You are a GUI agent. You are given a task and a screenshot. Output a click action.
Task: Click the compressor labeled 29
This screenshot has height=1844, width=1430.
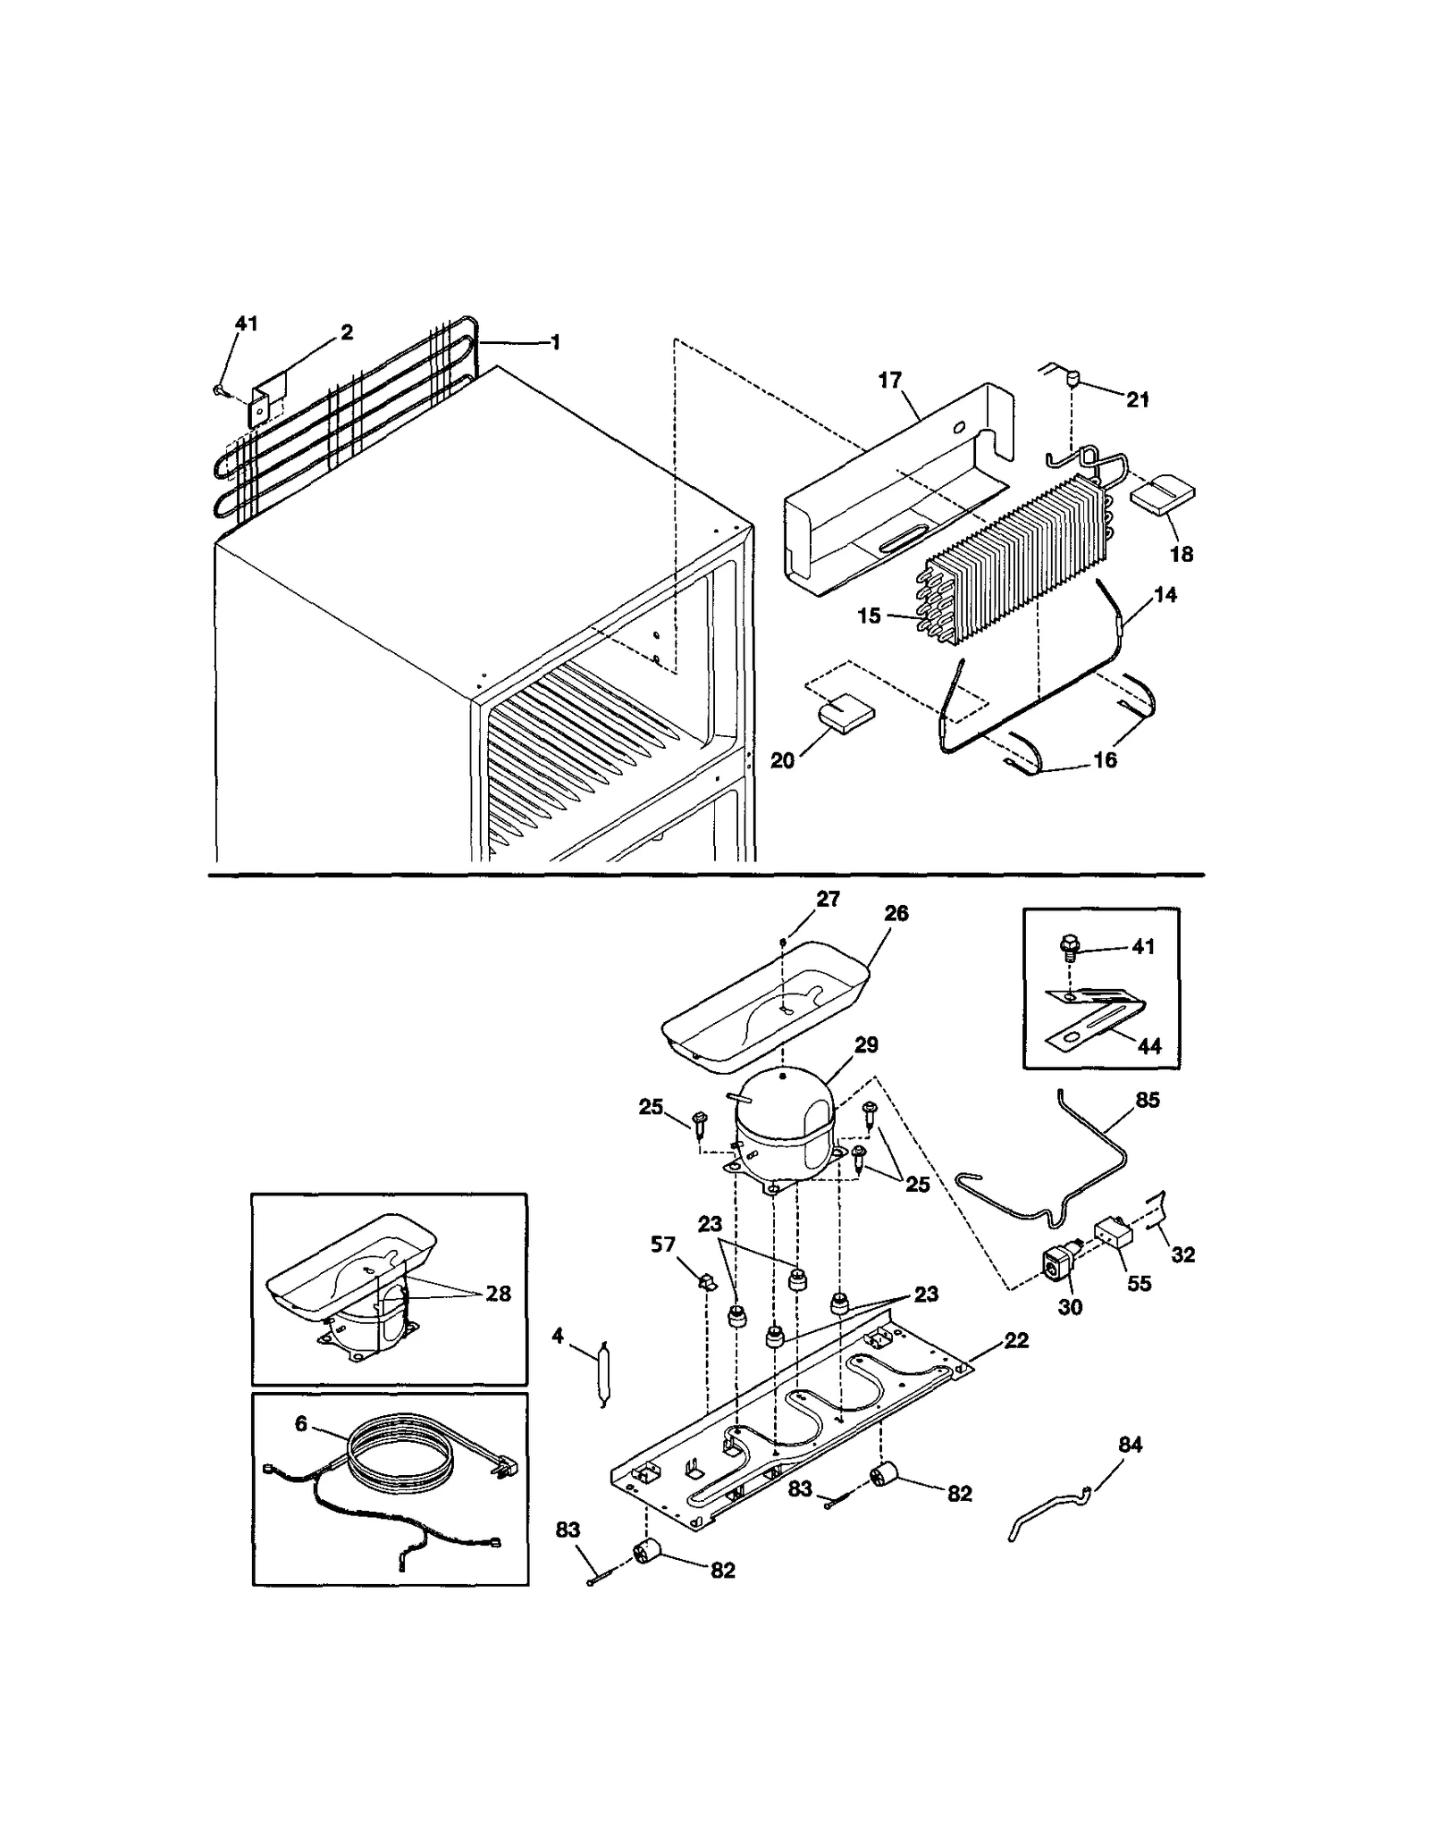click(x=785, y=1133)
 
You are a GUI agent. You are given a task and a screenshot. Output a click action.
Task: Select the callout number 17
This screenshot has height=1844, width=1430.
click(x=889, y=381)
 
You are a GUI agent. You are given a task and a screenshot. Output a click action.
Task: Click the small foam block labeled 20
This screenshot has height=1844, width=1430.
click(x=846, y=715)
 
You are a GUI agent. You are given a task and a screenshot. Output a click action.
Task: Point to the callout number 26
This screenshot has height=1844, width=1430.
click(x=896, y=913)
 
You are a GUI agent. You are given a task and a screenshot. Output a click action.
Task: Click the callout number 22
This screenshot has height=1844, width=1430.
click(x=1016, y=1340)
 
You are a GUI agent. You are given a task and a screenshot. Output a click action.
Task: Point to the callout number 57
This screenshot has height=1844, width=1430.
click(x=662, y=1245)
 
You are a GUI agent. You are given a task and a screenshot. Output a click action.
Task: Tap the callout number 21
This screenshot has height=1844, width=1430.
click(x=1137, y=399)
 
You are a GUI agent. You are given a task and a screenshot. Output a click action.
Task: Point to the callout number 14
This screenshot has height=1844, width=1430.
click(x=1165, y=595)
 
